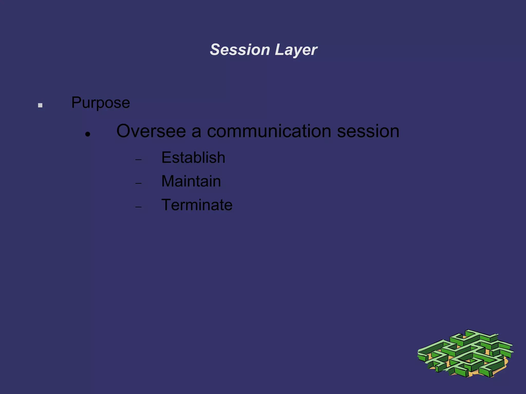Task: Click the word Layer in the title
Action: tap(296, 50)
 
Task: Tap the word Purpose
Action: tap(100, 103)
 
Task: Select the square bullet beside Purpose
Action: tap(40, 105)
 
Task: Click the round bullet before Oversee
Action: tap(88, 134)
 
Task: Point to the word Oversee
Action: tap(151, 131)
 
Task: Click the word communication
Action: tap(269, 131)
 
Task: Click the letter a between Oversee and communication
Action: tap(196, 132)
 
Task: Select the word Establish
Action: tap(193, 157)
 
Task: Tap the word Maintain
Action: tap(191, 181)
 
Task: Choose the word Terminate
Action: tap(197, 205)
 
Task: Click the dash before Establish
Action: tap(138, 160)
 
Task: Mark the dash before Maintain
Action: tap(138, 183)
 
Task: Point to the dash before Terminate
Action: tap(138, 207)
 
